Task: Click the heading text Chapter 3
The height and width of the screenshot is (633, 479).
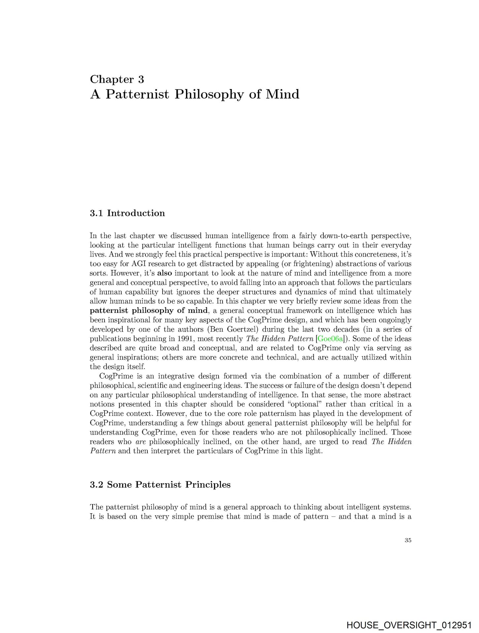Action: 117,79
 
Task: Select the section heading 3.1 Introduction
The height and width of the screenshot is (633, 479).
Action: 127,213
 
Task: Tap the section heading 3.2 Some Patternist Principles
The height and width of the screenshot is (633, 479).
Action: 160,485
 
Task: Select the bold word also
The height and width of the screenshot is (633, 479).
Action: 165,273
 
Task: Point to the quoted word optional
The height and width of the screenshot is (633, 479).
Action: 305,404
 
